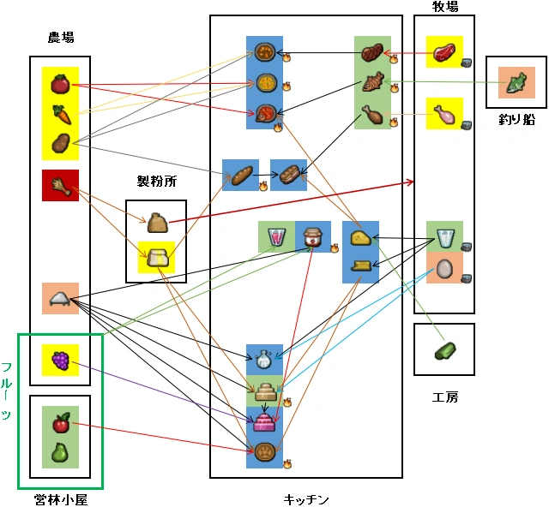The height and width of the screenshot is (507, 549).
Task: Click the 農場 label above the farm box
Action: (x=60, y=38)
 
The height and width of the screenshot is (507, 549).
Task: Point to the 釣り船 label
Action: (x=516, y=118)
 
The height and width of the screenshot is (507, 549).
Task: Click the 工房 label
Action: (x=445, y=397)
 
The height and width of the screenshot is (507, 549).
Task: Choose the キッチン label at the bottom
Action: (x=306, y=498)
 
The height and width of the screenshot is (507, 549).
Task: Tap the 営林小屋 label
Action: (x=61, y=498)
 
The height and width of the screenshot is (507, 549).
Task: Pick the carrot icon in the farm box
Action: (x=60, y=112)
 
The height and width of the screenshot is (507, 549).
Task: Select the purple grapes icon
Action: (x=60, y=361)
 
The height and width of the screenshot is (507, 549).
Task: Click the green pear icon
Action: (x=60, y=451)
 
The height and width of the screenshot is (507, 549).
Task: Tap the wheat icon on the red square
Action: (x=60, y=185)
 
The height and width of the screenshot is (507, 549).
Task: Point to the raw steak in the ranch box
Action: (x=445, y=53)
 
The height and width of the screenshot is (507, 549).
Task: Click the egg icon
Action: (x=445, y=269)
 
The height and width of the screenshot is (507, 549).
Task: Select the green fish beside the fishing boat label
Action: (x=516, y=83)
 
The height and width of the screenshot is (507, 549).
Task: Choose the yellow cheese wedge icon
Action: (x=360, y=238)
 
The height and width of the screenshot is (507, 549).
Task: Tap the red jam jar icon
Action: (x=314, y=236)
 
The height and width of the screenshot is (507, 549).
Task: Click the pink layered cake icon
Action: (x=263, y=420)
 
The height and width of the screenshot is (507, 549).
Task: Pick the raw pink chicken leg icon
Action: (x=445, y=114)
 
